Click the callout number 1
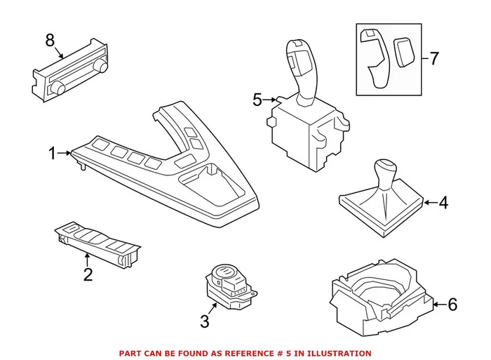(x=51, y=152)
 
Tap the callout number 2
(x=88, y=274)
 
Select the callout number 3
(x=205, y=321)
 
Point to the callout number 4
(x=443, y=204)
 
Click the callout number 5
(x=257, y=100)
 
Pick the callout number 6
(x=452, y=305)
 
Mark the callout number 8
(x=50, y=41)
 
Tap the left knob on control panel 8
(x=59, y=87)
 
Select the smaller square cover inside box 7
(x=403, y=51)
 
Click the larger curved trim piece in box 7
(x=374, y=60)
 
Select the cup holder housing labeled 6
(x=379, y=298)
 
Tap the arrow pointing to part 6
(x=439, y=305)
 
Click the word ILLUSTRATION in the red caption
(x=339, y=353)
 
